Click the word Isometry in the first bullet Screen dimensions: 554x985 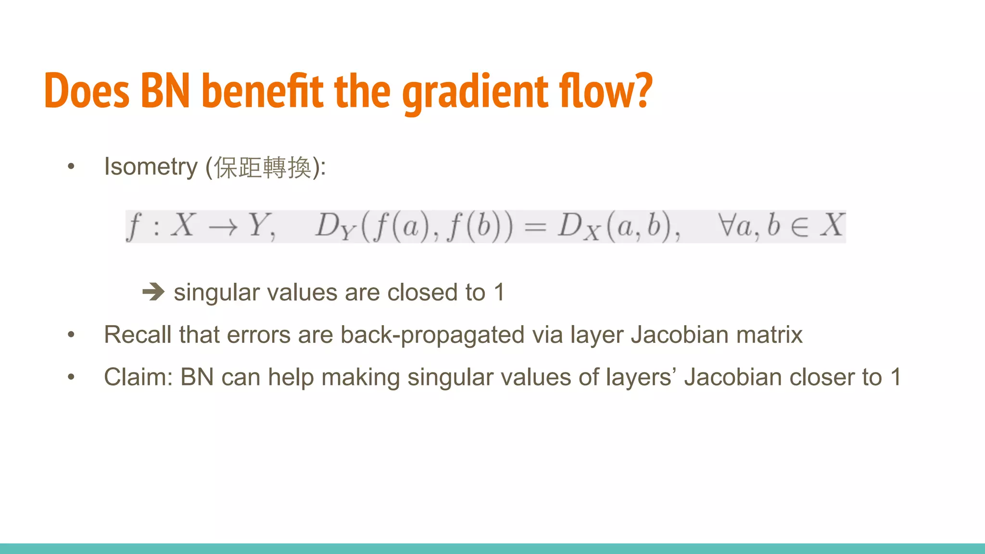click(151, 167)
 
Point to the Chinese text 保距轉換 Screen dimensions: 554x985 click(263, 167)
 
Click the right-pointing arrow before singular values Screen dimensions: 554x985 click(153, 291)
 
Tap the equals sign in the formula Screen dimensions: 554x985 click(535, 226)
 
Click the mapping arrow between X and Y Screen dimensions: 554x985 click(223, 227)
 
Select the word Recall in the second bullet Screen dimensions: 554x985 click(138, 335)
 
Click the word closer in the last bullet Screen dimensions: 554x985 click(821, 377)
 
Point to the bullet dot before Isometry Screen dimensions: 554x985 click(71, 167)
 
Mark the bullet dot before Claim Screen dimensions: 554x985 click(71, 377)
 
